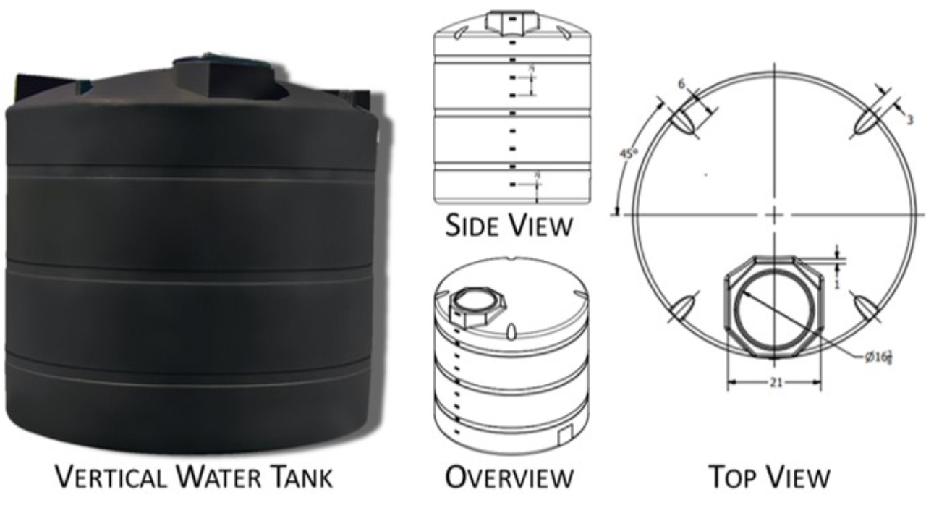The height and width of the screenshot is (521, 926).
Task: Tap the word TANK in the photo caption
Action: [x=297, y=478]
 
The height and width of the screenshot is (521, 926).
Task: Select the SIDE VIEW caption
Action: [x=509, y=226]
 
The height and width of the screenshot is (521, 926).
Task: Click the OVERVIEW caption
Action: [x=509, y=478]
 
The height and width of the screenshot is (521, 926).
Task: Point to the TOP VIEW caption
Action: [x=768, y=478]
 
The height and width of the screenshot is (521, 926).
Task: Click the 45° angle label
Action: [x=626, y=155]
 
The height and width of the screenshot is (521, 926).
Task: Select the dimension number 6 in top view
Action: [x=681, y=84]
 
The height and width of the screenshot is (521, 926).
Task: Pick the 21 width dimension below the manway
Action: [x=775, y=383]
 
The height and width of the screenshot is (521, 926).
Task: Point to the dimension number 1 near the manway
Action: [x=836, y=284]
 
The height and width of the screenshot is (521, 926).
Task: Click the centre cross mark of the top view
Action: [x=774, y=215]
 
